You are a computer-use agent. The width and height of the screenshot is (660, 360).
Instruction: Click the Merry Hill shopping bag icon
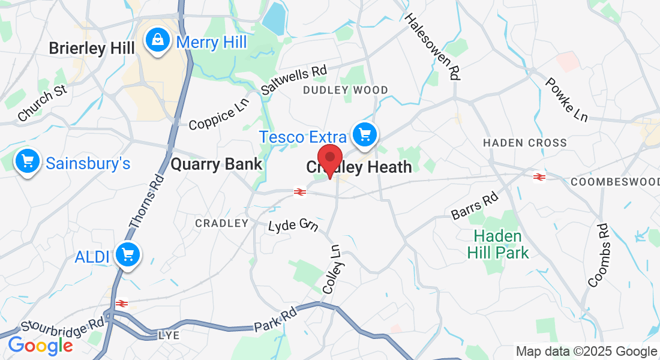coord(157,41)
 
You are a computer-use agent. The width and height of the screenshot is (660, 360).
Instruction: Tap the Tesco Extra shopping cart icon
coord(364,135)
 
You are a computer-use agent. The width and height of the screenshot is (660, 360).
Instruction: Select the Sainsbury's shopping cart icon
coord(27,161)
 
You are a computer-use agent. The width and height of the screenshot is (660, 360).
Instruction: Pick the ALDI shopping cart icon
coord(127,254)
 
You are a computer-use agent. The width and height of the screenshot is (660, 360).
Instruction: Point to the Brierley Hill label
coord(92,48)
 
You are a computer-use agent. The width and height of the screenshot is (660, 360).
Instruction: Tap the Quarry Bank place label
coord(217,164)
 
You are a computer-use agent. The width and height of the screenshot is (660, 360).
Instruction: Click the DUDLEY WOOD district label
coord(345,90)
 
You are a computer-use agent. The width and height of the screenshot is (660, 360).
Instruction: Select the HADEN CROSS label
coord(525,143)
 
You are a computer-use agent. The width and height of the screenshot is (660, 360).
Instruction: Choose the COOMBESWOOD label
coord(615,181)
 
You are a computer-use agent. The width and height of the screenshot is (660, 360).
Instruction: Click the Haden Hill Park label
coord(498,244)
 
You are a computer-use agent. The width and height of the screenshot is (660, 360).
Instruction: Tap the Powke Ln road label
coord(566,100)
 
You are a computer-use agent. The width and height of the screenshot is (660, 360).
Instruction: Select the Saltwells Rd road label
coord(294,80)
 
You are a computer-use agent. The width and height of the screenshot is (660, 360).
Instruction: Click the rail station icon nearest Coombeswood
coord(539,176)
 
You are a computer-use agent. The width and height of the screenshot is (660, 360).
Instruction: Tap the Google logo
coord(40,345)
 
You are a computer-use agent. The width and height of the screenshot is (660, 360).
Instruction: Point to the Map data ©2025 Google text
coord(587,352)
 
